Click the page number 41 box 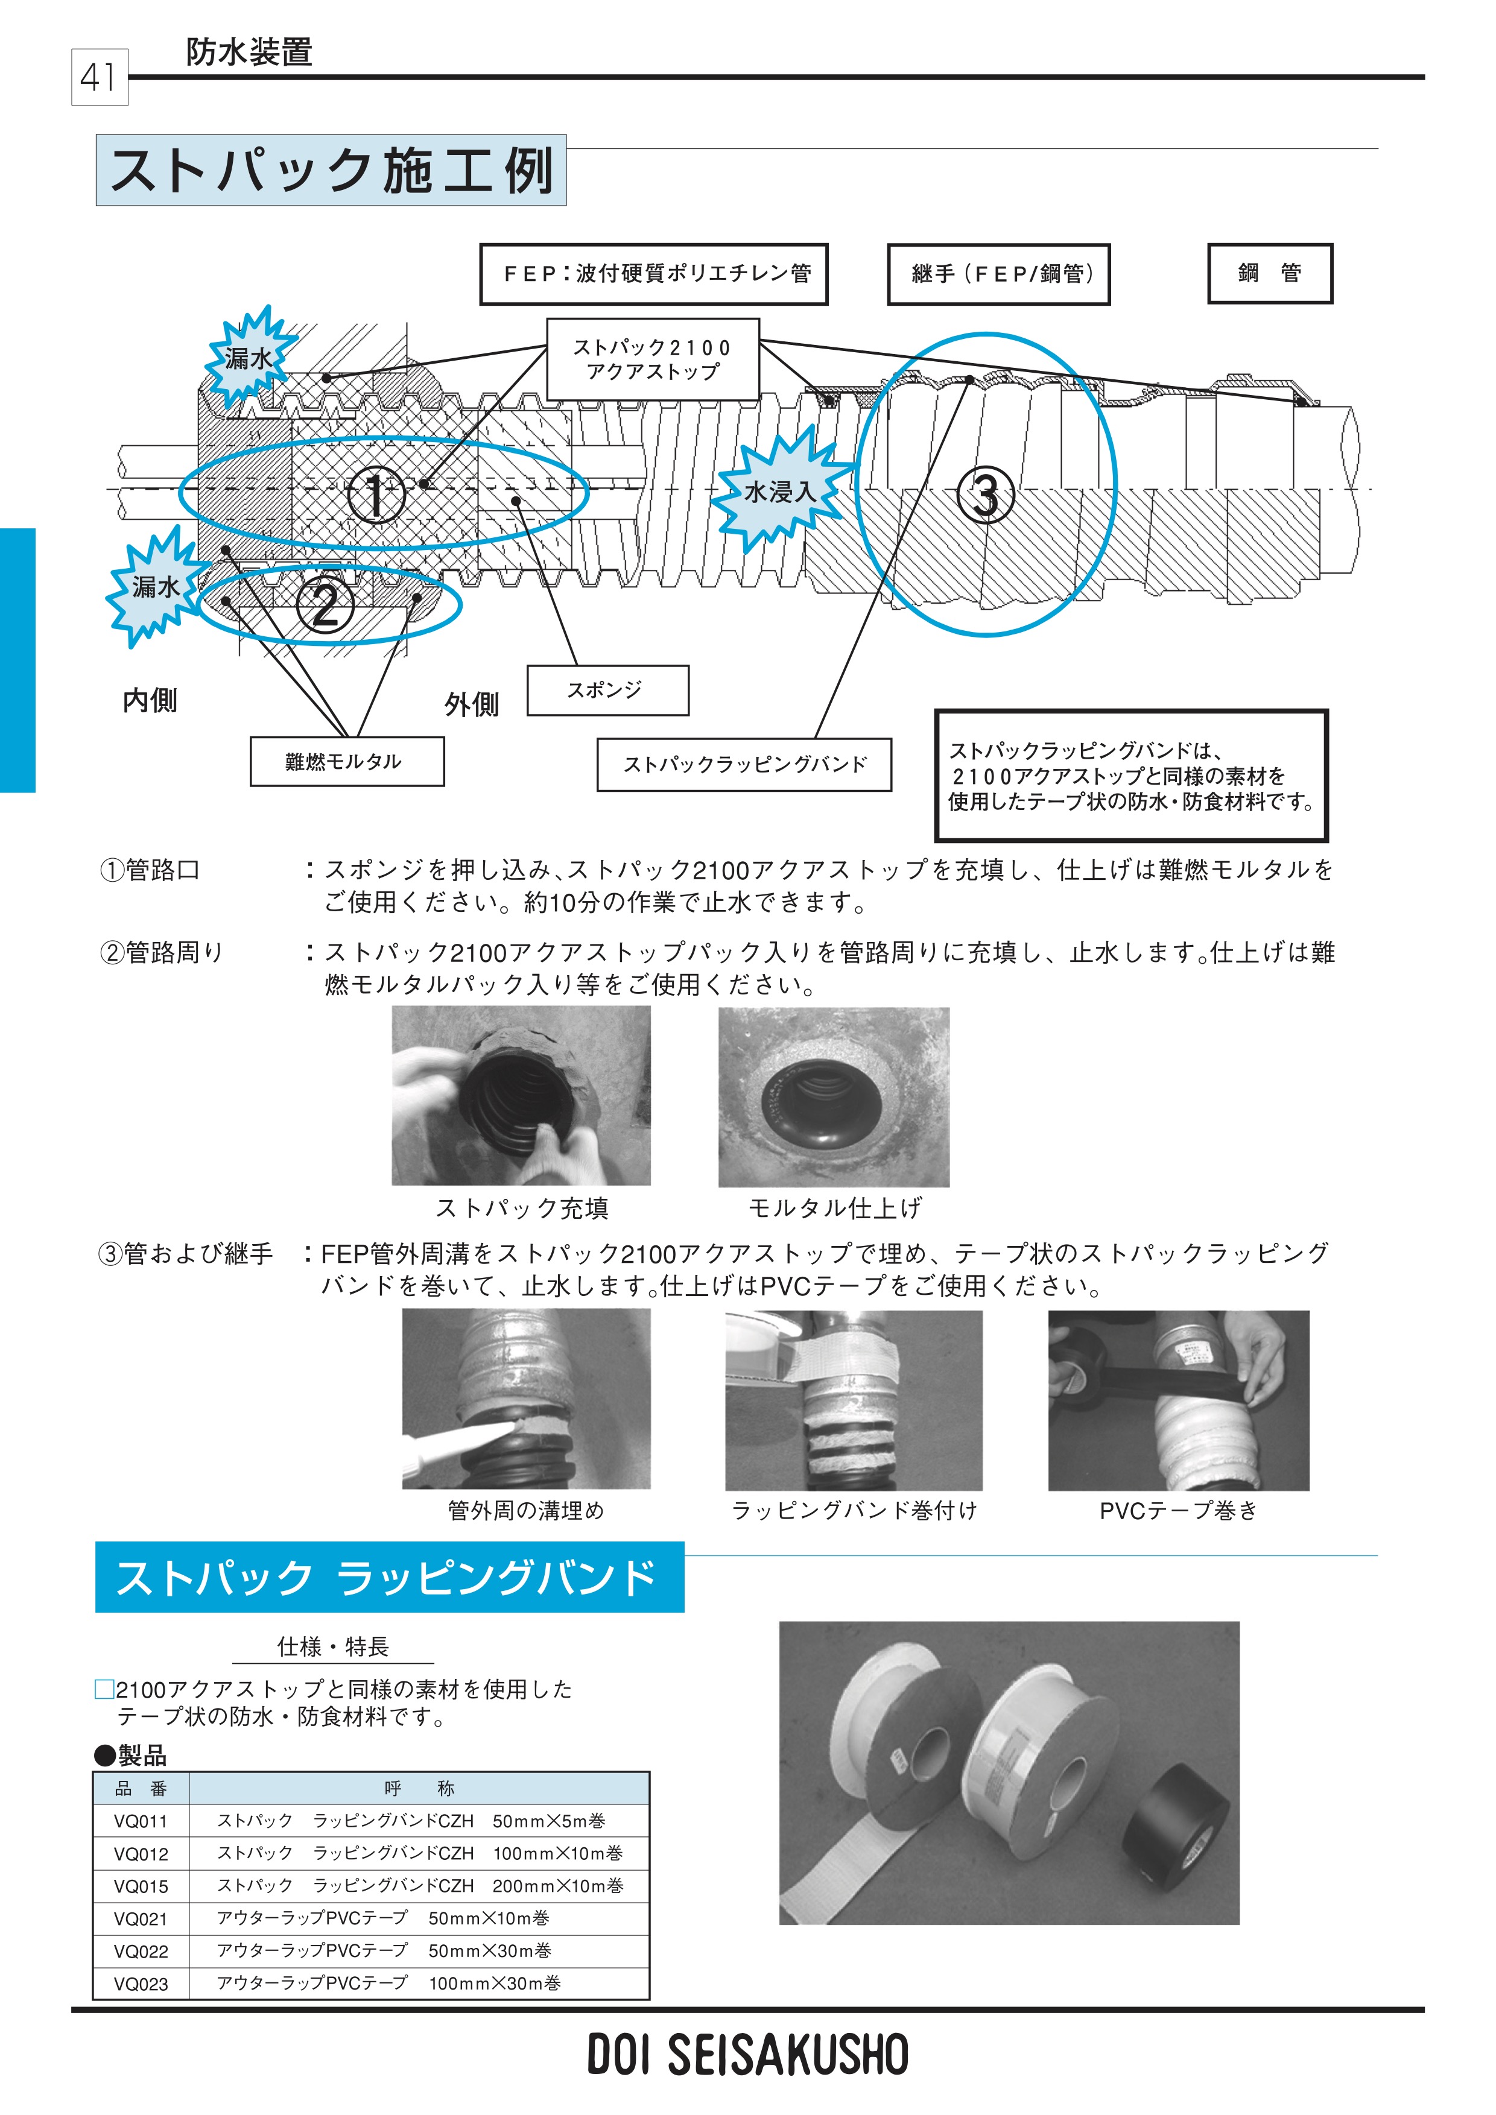[98, 77]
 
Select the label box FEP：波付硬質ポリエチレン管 [653, 274]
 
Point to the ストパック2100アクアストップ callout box [652, 359]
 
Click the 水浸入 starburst [780, 491]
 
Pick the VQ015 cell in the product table [141, 1886]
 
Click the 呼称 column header [419, 1789]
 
